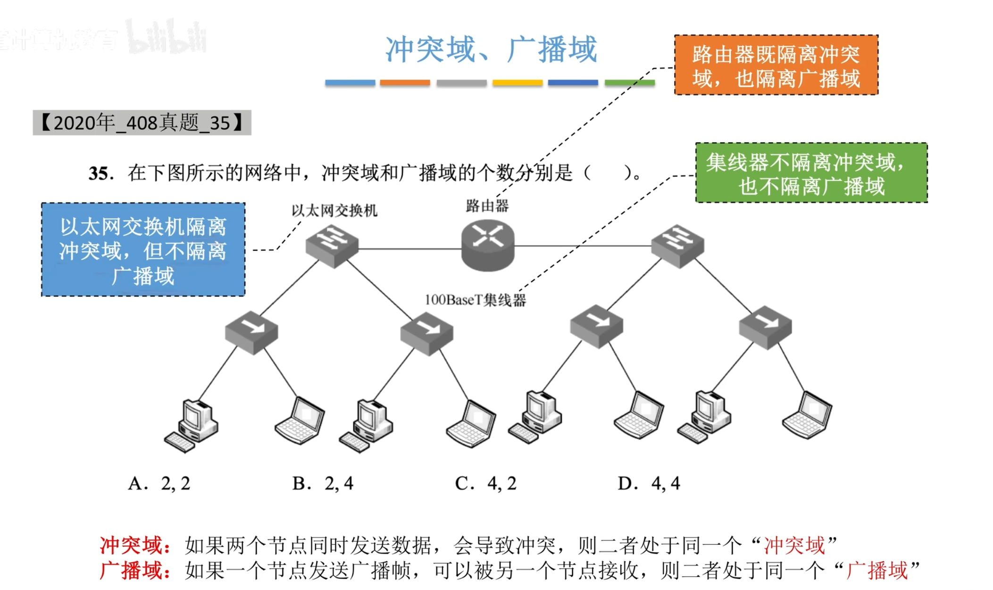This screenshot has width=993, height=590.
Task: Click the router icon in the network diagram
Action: point(488,245)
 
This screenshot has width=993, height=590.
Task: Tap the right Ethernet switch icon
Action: point(677,245)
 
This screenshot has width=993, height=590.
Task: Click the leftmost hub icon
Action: point(251,332)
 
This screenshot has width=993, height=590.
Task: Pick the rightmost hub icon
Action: point(765,327)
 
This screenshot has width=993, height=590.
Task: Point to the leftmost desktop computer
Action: point(192,425)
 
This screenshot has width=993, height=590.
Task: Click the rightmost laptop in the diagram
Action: point(807,414)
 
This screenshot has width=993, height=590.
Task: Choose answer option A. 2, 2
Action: point(159,483)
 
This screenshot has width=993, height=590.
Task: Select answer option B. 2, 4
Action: point(323,483)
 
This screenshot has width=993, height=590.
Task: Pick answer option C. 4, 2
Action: point(486,483)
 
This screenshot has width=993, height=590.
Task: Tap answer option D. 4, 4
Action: point(649,483)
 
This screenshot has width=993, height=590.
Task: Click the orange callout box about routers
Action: point(776,65)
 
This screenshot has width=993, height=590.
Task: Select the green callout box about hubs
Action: point(811,173)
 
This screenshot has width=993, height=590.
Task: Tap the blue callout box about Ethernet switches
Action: point(143,250)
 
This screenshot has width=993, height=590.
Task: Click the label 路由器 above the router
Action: point(487,206)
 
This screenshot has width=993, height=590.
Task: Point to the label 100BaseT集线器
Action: point(475,300)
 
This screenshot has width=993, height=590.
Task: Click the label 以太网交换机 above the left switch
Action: point(334,211)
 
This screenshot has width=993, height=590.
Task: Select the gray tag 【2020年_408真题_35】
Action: point(142,123)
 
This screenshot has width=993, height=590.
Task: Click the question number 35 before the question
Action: point(100,173)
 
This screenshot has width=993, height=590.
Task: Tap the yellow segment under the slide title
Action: point(517,83)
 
